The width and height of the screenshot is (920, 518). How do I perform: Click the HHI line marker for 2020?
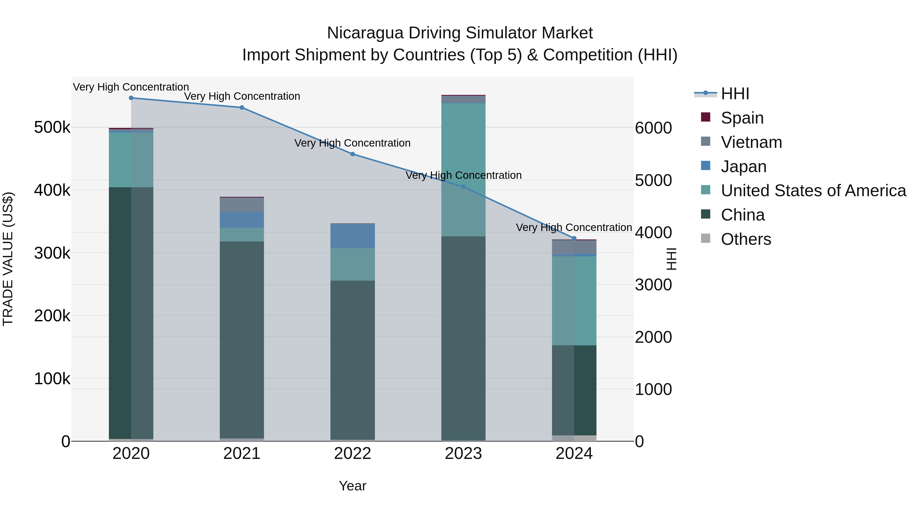tap(131, 98)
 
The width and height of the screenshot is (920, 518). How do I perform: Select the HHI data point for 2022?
tap(352, 154)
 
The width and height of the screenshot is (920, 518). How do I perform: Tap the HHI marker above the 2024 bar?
tap(574, 238)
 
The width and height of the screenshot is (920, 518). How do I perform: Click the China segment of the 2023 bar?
tap(463, 338)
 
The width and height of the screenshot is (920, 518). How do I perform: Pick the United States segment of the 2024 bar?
tap(574, 300)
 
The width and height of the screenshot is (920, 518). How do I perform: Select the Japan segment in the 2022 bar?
tap(352, 236)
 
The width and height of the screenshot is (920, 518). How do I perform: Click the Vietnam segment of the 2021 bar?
tap(242, 205)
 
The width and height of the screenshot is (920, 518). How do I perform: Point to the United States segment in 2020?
tap(131, 160)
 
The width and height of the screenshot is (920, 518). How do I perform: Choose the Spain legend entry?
tap(742, 118)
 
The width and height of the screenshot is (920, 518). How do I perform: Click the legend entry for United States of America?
tap(813, 191)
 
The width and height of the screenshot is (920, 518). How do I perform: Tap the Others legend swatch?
tap(706, 238)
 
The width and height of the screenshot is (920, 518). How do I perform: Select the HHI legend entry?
tap(735, 94)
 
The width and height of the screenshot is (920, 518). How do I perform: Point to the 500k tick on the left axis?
tap(52, 128)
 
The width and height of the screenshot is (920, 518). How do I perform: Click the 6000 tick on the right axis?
tap(653, 128)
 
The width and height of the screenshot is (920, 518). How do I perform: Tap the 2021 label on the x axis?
tap(242, 454)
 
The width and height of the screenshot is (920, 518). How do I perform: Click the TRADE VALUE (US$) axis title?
tap(8, 259)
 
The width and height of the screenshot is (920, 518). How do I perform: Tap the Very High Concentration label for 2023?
tap(464, 175)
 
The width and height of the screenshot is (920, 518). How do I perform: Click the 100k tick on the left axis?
tap(52, 379)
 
